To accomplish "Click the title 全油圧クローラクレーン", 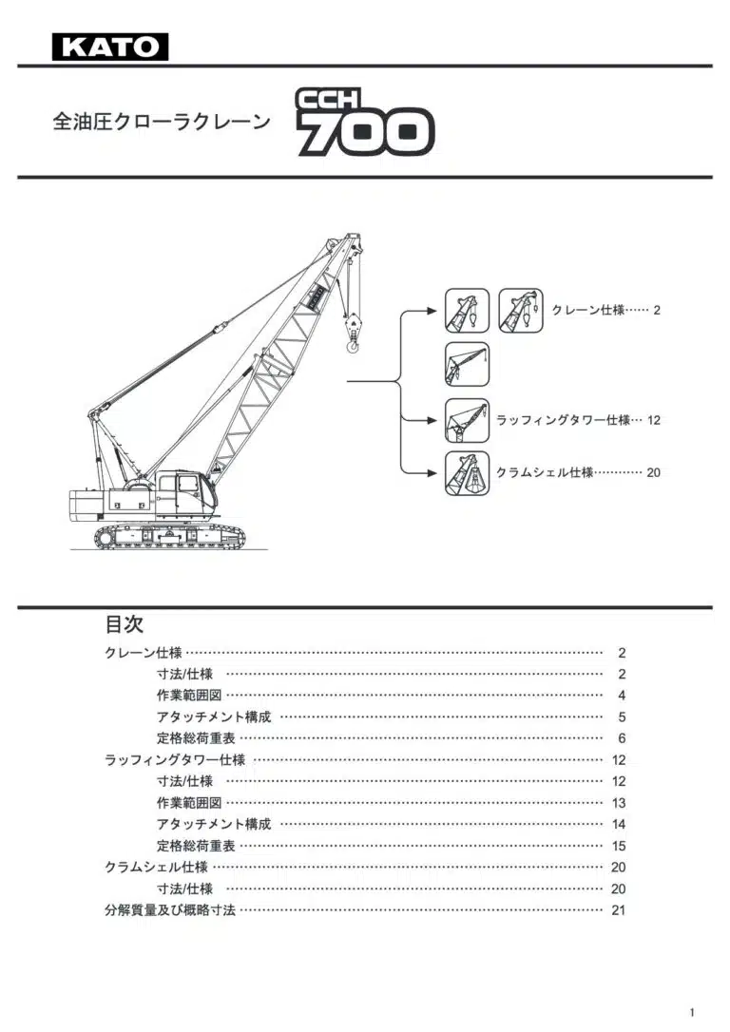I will coord(161,123).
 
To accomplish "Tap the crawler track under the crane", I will coord(170,538).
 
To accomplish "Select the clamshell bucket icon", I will coord(468,473).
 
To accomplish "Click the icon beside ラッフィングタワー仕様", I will coord(468,420).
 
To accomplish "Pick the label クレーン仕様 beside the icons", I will coord(587,311).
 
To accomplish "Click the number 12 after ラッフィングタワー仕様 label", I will coord(654,420).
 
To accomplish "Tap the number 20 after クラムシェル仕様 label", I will coord(654,472).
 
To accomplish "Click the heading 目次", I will coord(124,624).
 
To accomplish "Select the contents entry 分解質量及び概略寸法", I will coord(170,910).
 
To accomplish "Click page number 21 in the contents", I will coord(619,910).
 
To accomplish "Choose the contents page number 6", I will coord(622,738).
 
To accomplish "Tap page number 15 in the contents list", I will coord(619,846).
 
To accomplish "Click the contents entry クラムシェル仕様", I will coord(156,867).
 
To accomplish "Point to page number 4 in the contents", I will coord(622,696).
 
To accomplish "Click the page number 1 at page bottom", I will coord(693,1012).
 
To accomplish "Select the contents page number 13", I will coord(619,803).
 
